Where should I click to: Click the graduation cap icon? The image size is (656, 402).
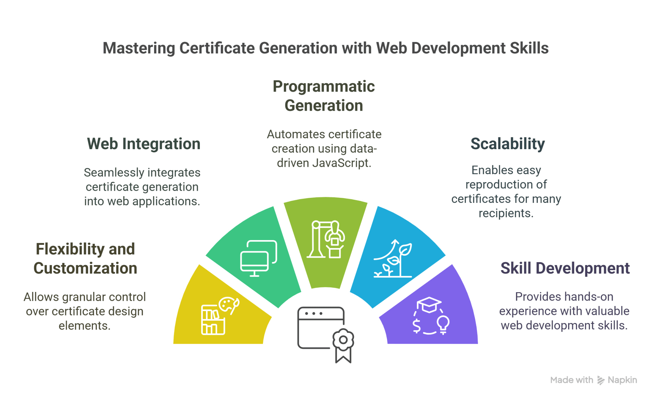coord(429,304)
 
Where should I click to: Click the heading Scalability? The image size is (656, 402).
coord(507,144)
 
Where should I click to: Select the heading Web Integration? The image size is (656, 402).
coord(143,144)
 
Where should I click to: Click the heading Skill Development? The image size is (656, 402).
coord(565,268)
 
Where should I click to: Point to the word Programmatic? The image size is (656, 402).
coord(324,86)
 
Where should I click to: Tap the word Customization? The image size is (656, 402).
coord(85,268)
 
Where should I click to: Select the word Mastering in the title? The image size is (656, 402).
coord(138,48)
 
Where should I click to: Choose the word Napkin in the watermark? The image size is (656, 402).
coord(622,380)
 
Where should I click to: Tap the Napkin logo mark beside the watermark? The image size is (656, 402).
coord(601,380)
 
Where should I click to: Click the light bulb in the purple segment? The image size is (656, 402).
coord(443,324)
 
